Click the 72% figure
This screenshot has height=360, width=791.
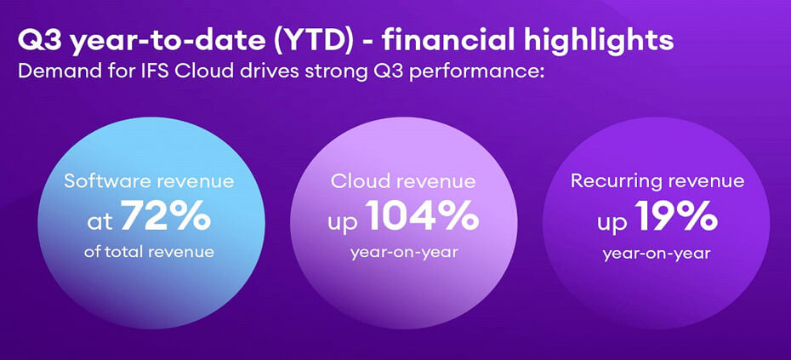click(165, 218)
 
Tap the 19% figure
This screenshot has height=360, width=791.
click(679, 217)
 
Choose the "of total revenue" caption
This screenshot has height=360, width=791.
click(149, 252)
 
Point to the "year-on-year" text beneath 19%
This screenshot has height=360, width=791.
click(657, 253)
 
